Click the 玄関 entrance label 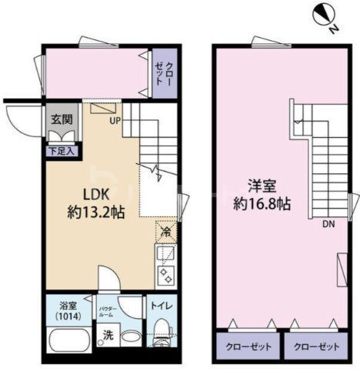62,120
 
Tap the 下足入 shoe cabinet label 62,152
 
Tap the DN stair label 328,225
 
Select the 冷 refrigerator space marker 166,230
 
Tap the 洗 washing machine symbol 109,336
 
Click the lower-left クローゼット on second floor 248,346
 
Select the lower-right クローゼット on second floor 316,346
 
